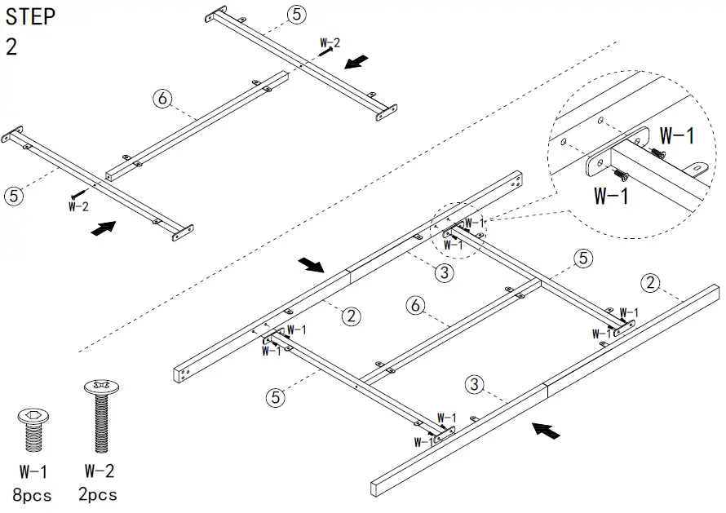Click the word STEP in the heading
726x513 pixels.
31,16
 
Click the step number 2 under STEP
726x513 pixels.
11,46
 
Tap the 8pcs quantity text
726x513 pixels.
31,495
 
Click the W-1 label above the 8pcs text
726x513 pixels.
31,471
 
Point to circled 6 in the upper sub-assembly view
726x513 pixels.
162,99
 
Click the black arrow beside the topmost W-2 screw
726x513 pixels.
356,63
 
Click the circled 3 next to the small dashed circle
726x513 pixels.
444,272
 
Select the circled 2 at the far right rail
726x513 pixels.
650,284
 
